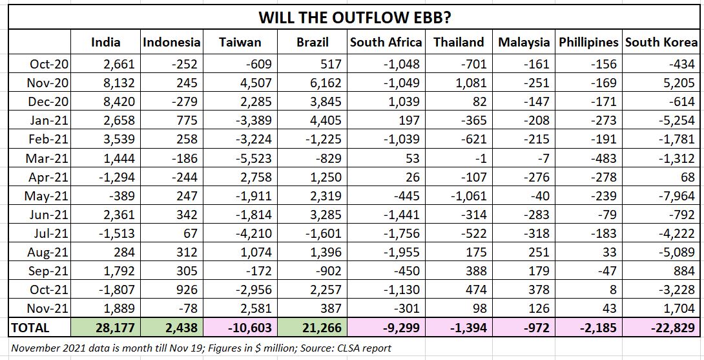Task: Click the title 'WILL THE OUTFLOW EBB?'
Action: coord(355,17)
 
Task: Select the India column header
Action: coord(106,43)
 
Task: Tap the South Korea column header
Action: coord(661,43)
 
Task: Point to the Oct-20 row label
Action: coord(49,64)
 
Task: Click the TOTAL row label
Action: coord(30,328)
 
